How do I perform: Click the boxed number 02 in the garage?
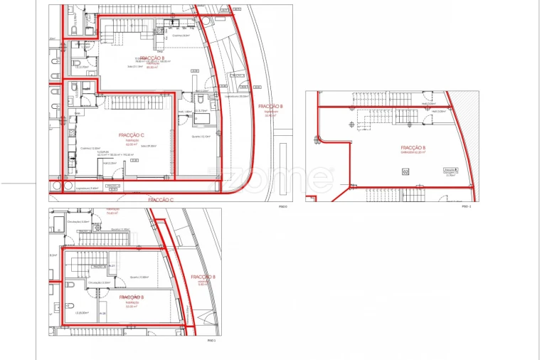click(405, 171)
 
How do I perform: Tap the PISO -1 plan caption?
click(467, 207)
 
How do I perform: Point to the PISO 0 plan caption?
click(282, 207)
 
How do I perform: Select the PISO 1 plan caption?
click(211, 341)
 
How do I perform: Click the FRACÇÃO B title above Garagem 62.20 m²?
click(414, 148)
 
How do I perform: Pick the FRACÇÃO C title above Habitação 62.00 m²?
click(132, 134)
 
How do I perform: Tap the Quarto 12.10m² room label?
click(201, 137)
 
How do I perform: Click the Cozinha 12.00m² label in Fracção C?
click(90, 148)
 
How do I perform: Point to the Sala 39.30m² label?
click(149, 146)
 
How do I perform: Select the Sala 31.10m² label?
click(126, 67)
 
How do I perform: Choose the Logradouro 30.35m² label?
click(238, 96)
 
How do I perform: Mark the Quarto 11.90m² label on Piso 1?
click(121, 229)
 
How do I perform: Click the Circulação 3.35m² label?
click(99, 282)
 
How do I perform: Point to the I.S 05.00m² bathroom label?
click(81, 312)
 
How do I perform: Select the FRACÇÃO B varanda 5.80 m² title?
click(203, 277)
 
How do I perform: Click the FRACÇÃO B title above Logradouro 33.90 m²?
click(271, 106)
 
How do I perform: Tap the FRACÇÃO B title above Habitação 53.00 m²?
click(132, 297)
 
